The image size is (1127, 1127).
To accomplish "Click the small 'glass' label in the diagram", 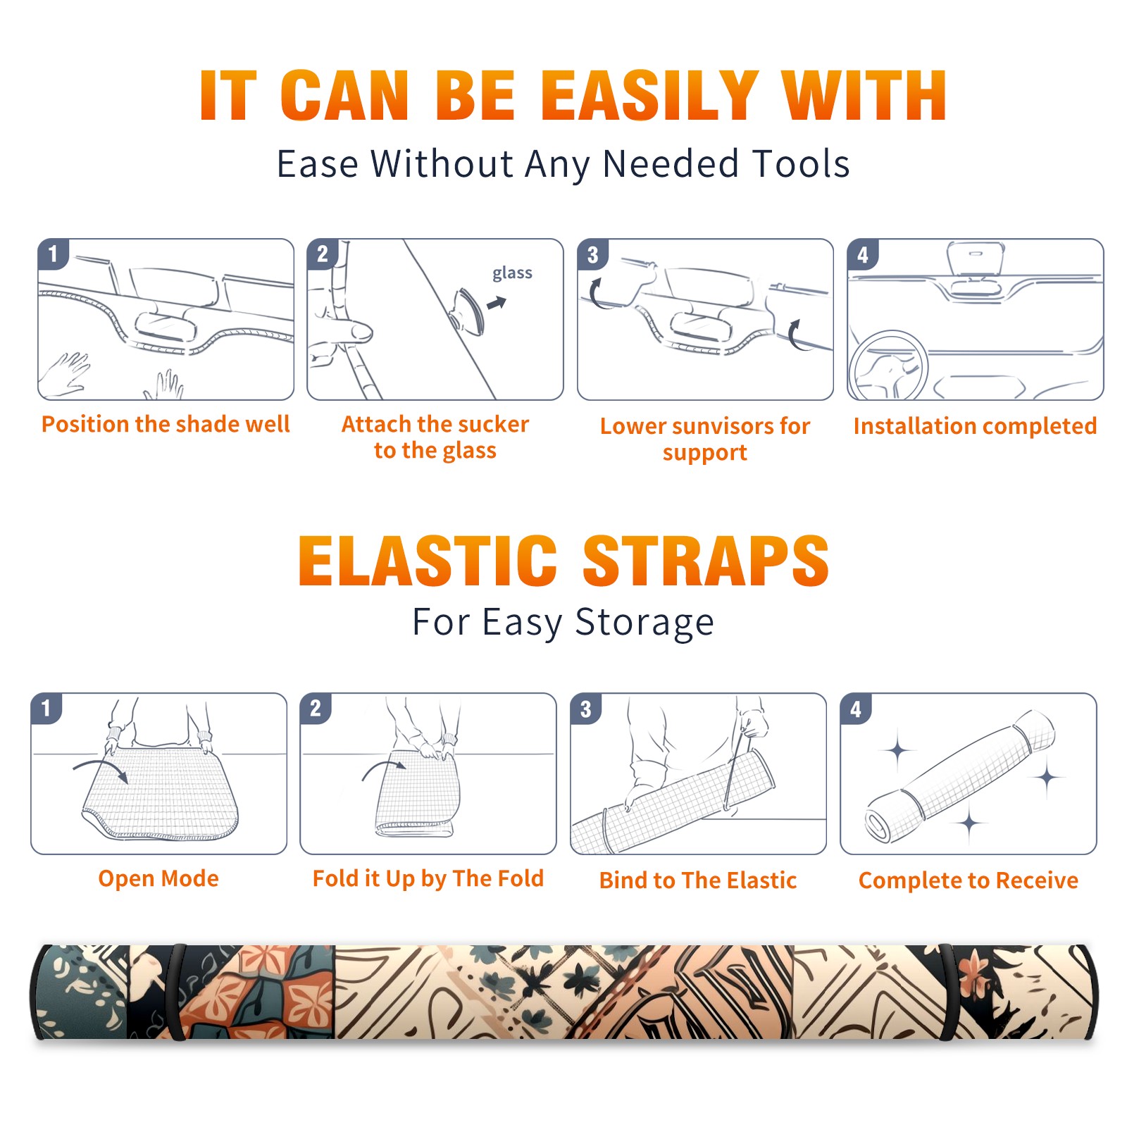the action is click(x=512, y=273).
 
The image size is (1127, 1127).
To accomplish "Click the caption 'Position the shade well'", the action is click(x=166, y=424).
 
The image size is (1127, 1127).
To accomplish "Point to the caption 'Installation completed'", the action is click(x=975, y=425).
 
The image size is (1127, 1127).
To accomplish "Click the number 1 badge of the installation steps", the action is click(x=53, y=253).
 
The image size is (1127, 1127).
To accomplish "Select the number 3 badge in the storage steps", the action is click(x=585, y=709).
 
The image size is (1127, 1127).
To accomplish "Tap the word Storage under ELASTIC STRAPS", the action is click(x=645, y=623).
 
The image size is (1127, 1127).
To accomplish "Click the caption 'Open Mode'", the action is click(x=158, y=878).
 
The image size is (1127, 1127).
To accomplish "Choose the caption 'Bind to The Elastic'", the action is click(x=697, y=880).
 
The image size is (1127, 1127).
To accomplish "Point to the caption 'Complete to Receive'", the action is click(x=968, y=880).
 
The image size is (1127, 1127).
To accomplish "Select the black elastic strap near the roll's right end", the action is click(x=952, y=992).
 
